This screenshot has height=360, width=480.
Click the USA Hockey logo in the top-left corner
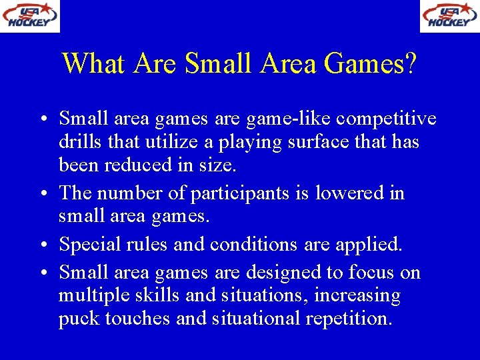pyautogui.click(x=30, y=16)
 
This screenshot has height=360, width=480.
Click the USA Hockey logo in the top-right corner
pyautogui.click(x=449, y=16)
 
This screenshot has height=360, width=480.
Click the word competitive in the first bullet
pyautogui.click(x=386, y=119)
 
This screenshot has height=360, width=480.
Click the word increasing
pyautogui.click(x=358, y=295)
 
